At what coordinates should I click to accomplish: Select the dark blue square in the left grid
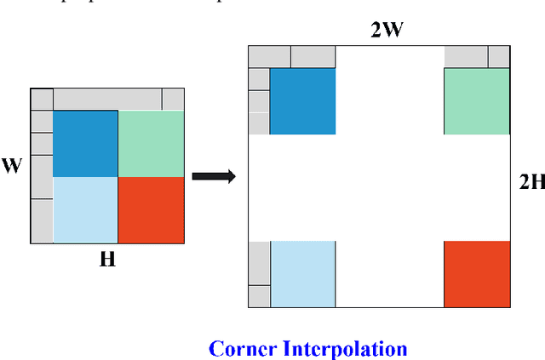(85, 143)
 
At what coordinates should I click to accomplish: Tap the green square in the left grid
(151, 143)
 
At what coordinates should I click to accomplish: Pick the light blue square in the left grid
(85, 209)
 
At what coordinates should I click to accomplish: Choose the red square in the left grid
(151, 209)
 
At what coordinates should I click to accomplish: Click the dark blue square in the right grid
(302, 101)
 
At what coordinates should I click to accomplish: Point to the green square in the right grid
(477, 101)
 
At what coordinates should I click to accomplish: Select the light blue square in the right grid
(302, 273)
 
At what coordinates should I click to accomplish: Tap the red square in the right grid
(477, 273)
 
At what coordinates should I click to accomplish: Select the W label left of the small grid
(11, 165)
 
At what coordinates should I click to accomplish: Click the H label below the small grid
(107, 260)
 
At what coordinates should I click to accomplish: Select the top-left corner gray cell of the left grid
(42, 99)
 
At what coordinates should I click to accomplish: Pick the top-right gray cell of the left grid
(173, 99)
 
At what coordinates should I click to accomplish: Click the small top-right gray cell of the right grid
(498, 57)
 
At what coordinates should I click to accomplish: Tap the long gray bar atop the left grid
(107, 99)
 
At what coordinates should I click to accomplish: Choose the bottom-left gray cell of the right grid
(259, 296)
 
